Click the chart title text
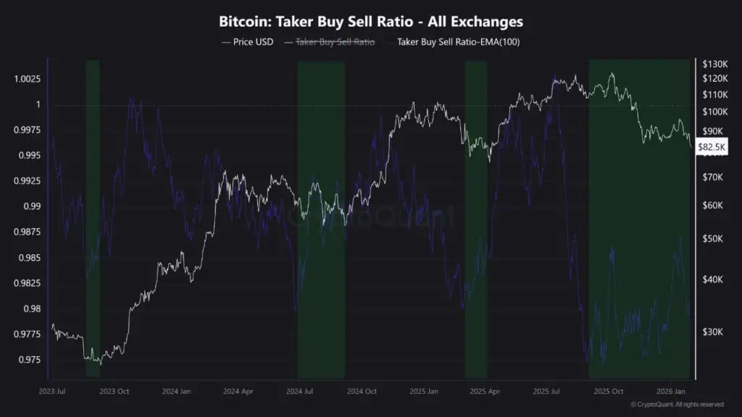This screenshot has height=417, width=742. (x=370, y=22)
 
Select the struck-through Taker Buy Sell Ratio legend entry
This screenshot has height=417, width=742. (x=335, y=42)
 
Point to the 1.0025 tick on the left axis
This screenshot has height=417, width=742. (x=25, y=79)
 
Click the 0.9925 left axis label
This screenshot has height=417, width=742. (x=25, y=181)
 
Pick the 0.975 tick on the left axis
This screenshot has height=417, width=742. (x=28, y=360)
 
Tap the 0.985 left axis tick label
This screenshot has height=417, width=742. (x=28, y=258)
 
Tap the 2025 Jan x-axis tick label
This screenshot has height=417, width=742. (x=424, y=392)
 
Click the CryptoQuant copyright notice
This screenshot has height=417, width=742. (x=677, y=405)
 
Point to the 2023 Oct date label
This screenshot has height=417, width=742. (x=114, y=392)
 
